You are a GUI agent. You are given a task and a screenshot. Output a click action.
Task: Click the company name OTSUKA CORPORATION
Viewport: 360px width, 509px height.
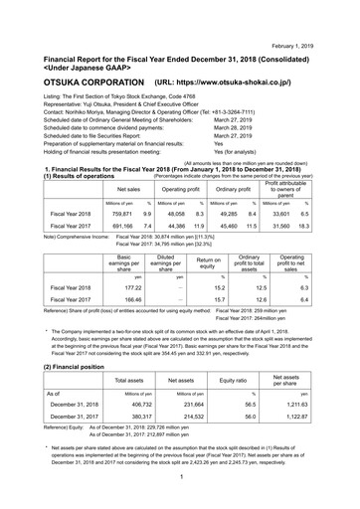point(77,75)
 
